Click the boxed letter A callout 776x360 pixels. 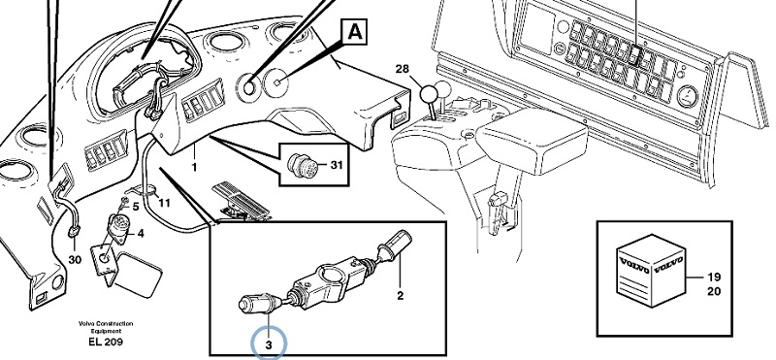354,33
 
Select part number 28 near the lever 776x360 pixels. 403,69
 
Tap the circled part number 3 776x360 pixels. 269,345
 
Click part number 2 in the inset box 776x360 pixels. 400,296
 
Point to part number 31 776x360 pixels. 336,165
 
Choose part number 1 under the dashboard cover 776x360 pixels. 194,168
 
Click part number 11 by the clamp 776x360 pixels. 164,203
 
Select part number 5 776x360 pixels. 135,207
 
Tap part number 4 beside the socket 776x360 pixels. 141,233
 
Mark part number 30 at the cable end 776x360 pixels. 75,260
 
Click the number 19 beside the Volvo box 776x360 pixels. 714,277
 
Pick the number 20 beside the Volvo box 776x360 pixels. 714,291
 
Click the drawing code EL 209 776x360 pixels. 106,342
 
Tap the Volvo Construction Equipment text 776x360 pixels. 106,327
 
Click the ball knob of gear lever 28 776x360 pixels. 429,92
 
